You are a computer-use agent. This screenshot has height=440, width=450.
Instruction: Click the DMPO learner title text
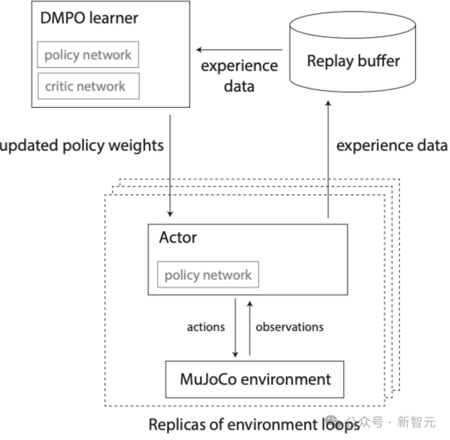pos(89,18)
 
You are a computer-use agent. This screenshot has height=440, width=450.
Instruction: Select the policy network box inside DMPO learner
pos(88,55)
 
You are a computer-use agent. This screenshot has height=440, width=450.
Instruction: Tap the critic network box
pos(88,86)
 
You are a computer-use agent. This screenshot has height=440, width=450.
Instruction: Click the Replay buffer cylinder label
pos(353,61)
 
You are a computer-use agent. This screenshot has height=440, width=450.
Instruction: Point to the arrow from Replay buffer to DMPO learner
pos(240,50)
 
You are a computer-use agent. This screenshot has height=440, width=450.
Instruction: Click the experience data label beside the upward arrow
pos(392,146)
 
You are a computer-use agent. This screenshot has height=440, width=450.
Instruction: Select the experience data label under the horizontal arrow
pos(239,76)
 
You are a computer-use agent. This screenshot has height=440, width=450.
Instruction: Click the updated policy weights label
pos(82,146)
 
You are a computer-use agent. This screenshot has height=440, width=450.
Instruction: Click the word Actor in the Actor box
pos(178,238)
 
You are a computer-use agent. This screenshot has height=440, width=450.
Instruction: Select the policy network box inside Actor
pos(208,275)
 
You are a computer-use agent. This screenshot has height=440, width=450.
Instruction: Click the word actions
pos(206,327)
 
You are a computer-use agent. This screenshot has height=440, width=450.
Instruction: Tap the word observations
pos(290,327)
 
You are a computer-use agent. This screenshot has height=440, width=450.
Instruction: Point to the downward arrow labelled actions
pos(235,328)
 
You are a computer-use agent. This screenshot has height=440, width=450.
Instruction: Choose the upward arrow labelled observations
pos(250,328)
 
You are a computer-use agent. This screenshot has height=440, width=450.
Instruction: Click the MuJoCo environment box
pos(255,379)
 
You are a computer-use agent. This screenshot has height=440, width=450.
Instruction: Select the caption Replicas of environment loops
pos(254,425)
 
